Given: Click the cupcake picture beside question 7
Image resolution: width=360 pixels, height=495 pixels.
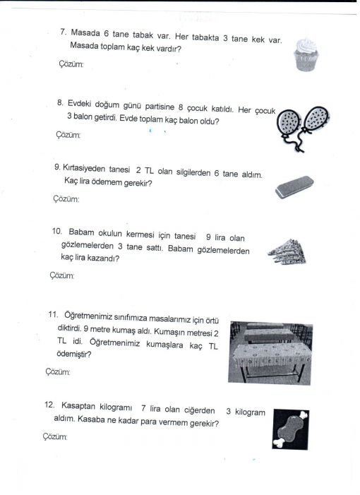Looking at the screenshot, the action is pyautogui.click(x=306, y=54).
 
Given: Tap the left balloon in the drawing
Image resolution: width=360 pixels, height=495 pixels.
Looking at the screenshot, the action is pyautogui.click(x=289, y=125).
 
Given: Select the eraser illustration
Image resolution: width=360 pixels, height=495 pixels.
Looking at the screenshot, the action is pyautogui.click(x=294, y=187).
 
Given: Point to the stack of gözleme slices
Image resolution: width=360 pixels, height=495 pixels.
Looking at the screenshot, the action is pyautogui.click(x=287, y=252).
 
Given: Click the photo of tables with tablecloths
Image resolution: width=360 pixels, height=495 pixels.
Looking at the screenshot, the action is pyautogui.click(x=270, y=353).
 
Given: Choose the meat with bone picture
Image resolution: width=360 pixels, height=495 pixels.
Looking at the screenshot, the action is pyautogui.click(x=290, y=429).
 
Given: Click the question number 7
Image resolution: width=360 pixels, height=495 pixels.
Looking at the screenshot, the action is pyautogui.click(x=63, y=32).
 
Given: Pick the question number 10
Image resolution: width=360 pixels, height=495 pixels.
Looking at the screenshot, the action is pyautogui.click(x=57, y=231).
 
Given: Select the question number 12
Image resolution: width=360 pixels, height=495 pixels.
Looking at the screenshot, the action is pyautogui.click(x=49, y=405).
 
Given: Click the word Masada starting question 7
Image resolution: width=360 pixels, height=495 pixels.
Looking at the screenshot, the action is pyautogui.click(x=85, y=32).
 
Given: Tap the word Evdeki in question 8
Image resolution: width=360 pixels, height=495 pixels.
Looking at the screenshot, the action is pyautogui.click(x=79, y=104).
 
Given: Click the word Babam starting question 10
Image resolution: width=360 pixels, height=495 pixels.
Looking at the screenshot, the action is pyautogui.click(x=81, y=232).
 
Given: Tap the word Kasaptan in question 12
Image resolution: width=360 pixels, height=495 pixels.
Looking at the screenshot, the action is pyautogui.click(x=78, y=405).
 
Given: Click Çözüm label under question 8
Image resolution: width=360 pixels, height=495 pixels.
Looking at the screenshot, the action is pyautogui.click(x=68, y=135).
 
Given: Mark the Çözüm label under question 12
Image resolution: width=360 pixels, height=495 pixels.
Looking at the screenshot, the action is pyautogui.click(x=55, y=437).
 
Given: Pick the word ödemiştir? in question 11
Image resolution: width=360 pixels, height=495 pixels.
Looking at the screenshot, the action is pyautogui.click(x=74, y=354).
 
